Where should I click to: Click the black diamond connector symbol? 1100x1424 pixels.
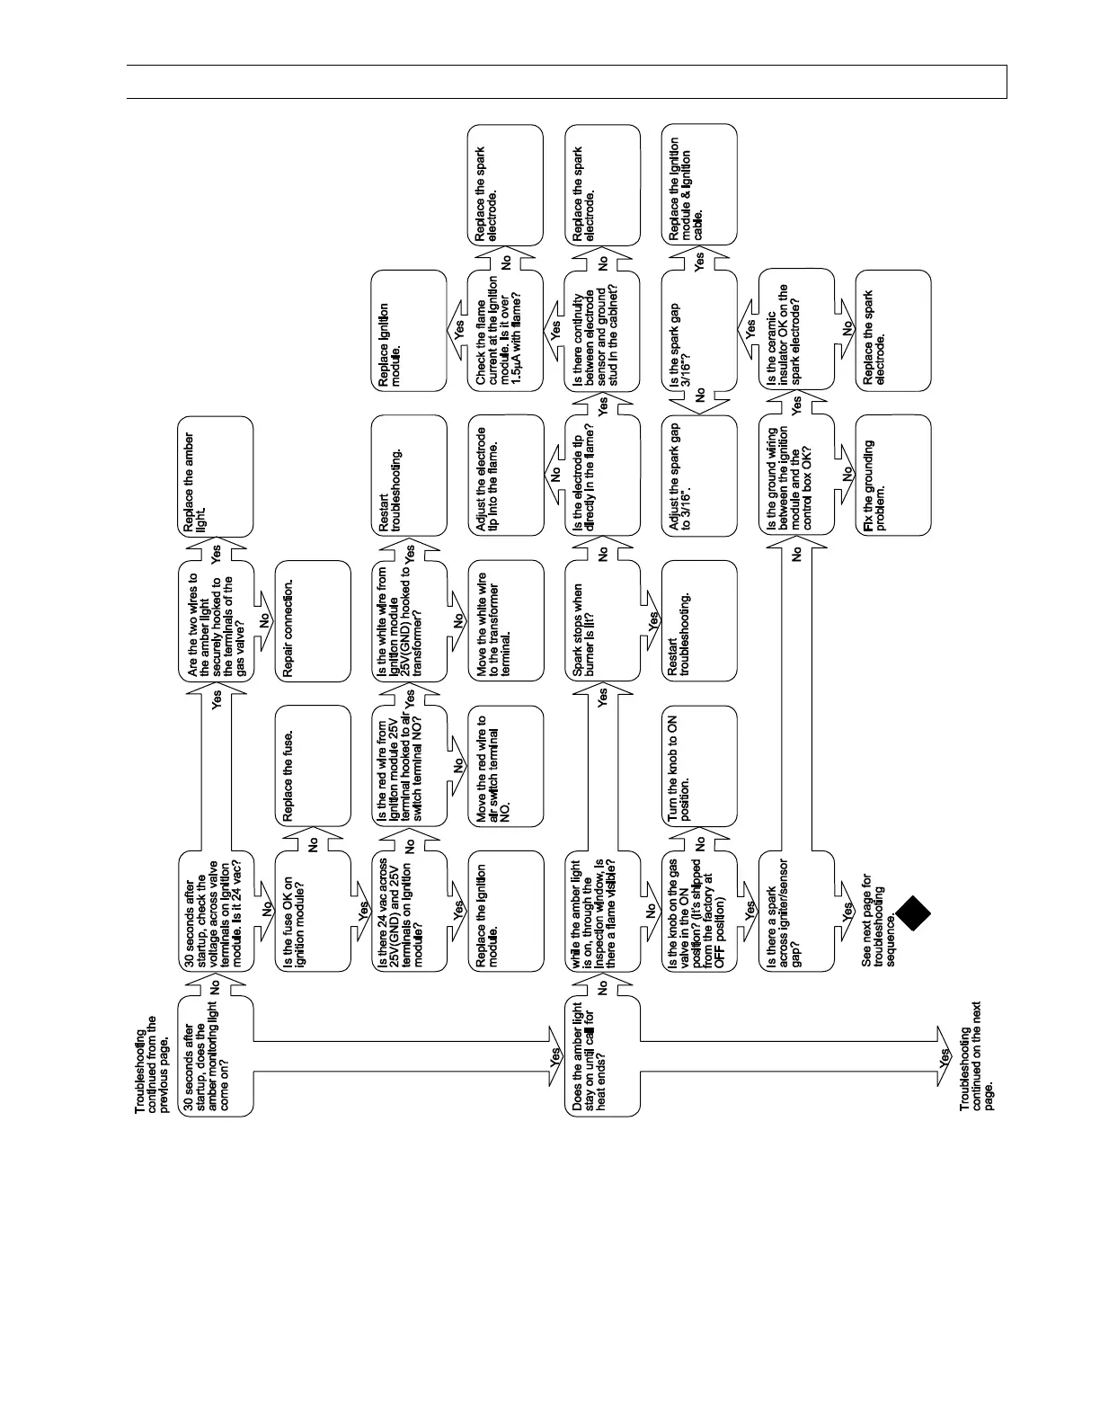[x=911, y=913]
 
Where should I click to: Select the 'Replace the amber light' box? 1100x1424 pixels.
[x=216, y=476]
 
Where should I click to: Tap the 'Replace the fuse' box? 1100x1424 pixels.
[x=313, y=766]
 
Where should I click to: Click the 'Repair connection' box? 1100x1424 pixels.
[x=313, y=620]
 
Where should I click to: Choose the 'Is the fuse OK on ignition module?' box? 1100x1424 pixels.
[x=313, y=912]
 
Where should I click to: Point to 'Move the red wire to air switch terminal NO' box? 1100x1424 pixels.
[x=506, y=766]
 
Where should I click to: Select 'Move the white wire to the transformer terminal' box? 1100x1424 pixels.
[x=506, y=620]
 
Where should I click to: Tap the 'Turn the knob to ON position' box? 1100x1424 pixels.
[x=699, y=766]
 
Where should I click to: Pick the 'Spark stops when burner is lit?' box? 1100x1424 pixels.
[x=602, y=620]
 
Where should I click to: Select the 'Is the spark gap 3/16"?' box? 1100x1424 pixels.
[x=699, y=331]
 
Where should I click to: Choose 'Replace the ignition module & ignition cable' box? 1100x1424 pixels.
[x=699, y=184]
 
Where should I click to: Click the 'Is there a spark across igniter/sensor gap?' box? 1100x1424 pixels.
[x=796, y=912]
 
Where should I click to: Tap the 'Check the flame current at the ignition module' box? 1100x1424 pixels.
[x=506, y=331]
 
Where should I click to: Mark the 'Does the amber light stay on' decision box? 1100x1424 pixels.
[x=602, y=1056]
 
